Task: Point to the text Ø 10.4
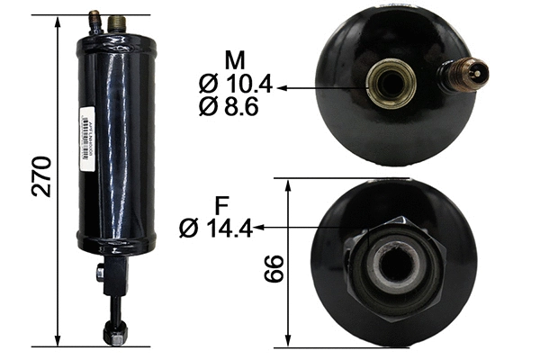(233, 86)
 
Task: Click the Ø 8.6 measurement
(233, 108)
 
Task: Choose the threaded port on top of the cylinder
(113, 21)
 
